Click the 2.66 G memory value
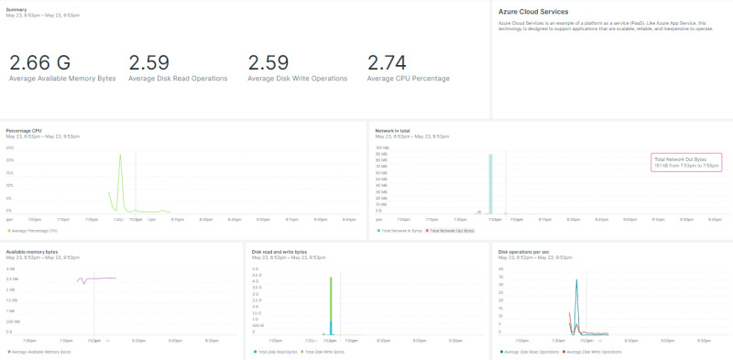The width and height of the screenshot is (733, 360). tap(39, 62)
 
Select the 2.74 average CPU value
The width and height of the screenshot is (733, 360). tap(386, 62)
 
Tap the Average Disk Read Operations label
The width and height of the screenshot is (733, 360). tap(178, 79)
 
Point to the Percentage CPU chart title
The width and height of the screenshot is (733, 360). tap(24, 130)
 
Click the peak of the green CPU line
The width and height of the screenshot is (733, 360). tap(120, 155)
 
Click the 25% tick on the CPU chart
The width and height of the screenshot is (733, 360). tap(10, 147)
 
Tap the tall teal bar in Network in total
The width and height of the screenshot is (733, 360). tap(490, 183)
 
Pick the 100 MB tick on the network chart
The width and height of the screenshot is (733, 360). tap(382, 147)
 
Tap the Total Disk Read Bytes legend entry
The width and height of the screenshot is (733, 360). tap(277, 352)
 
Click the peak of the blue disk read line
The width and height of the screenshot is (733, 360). tap(576, 280)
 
